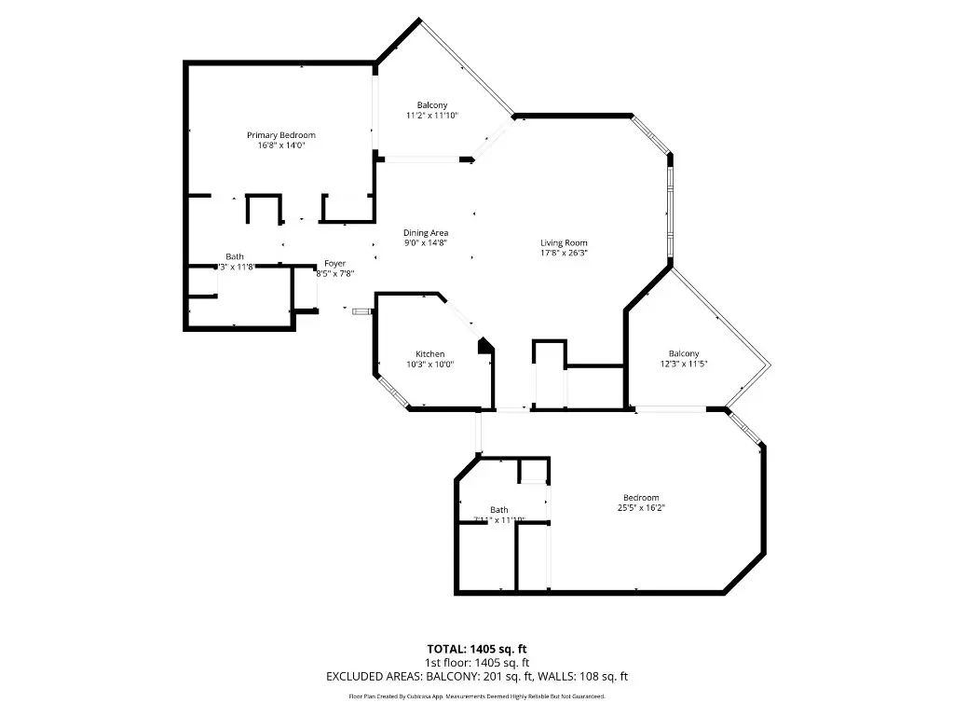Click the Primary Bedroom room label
[x=280, y=135]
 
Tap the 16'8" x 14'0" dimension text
[x=280, y=145]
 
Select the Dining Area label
[x=426, y=232]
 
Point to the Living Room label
[x=564, y=242]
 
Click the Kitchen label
[x=429, y=354]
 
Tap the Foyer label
[x=334, y=264]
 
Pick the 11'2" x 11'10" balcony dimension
[x=431, y=116]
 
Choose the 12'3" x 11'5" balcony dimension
[x=683, y=365]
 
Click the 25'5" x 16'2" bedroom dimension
[x=640, y=508]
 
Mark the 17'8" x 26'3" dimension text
[x=564, y=253]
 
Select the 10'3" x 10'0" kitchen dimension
[x=429, y=365]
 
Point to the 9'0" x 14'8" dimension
[x=426, y=242]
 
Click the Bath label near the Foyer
[x=235, y=256]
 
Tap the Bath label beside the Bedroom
[x=499, y=509]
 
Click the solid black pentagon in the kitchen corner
[x=484, y=345]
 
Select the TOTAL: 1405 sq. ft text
[x=477, y=649]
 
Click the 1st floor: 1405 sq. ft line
[x=477, y=663]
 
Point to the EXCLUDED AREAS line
[x=477, y=677]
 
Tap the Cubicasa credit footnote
[x=477, y=696]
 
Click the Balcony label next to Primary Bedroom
[x=431, y=104]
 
